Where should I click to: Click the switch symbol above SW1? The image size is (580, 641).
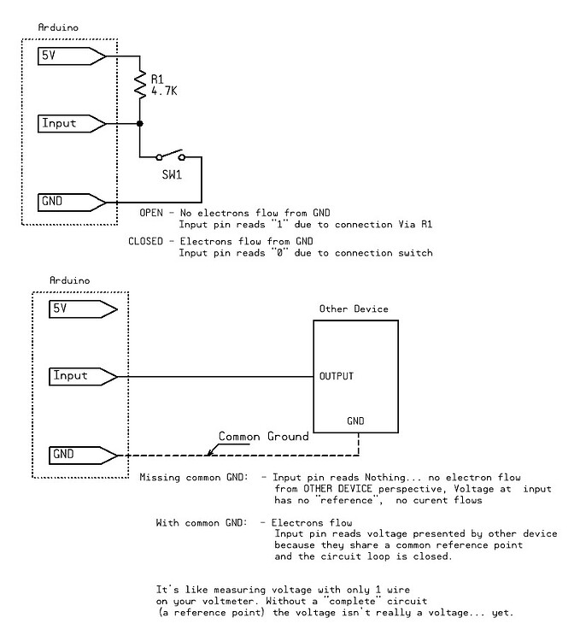tap(170, 156)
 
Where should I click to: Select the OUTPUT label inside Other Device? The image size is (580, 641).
tap(337, 376)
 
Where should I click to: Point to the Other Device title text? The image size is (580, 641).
tap(354, 309)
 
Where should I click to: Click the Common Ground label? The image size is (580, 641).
tap(263, 437)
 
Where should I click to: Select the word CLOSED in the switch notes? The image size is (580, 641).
tap(146, 242)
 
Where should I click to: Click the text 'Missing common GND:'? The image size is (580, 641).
tap(194, 477)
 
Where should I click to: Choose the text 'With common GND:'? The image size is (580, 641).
tap(200, 521)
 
